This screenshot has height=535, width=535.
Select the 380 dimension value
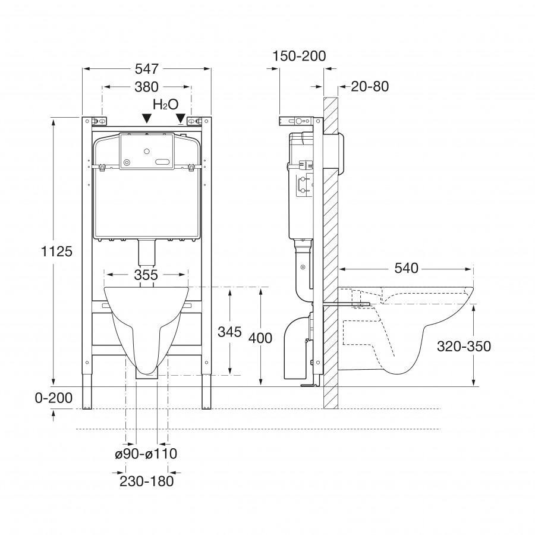[146, 87]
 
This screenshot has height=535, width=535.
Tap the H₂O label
[165, 105]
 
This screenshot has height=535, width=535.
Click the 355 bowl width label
[146, 275]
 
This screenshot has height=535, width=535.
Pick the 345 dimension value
[229, 332]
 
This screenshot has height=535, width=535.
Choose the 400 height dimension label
[260, 338]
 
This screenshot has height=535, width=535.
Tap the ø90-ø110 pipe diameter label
[146, 454]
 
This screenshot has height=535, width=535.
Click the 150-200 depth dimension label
[300, 56]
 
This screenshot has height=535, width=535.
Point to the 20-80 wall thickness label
[370, 87]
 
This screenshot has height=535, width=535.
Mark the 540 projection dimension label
[406, 268]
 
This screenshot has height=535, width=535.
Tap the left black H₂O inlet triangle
[145, 119]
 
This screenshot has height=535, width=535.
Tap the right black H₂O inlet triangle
[180, 119]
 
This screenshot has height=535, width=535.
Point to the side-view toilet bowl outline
[416, 333]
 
